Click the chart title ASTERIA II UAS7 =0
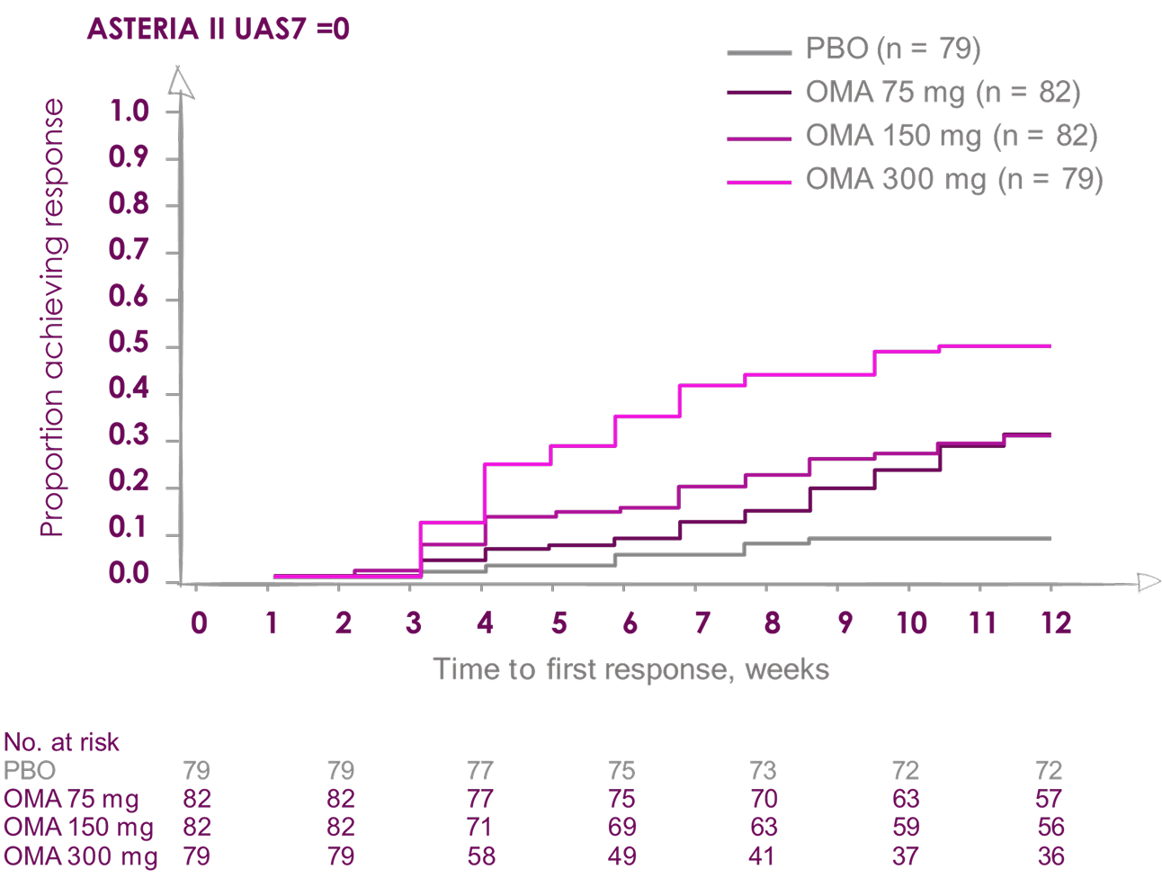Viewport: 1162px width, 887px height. [x=219, y=30]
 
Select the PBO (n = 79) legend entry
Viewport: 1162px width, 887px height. [x=892, y=49]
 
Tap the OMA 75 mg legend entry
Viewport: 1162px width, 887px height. [x=943, y=92]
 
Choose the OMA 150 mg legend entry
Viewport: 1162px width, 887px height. [x=952, y=136]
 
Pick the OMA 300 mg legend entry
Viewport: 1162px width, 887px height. [x=954, y=179]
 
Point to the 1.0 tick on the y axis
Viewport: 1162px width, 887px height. [x=129, y=112]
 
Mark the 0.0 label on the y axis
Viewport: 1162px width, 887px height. [x=129, y=575]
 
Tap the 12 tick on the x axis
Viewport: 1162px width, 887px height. [x=1056, y=623]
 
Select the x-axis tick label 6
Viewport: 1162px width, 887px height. [x=630, y=623]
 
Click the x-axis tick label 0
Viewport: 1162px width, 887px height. [x=199, y=623]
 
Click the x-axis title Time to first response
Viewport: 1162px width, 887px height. [x=630, y=669]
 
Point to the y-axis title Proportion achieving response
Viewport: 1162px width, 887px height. [x=53, y=318]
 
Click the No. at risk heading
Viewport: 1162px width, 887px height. [x=61, y=742]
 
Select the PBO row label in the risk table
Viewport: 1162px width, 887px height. [x=30, y=771]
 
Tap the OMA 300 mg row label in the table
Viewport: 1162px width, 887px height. [x=81, y=856]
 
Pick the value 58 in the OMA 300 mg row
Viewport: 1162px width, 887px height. [x=481, y=856]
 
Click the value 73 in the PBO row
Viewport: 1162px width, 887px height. [x=763, y=771]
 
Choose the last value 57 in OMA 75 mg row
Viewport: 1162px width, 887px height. [x=1049, y=799]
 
